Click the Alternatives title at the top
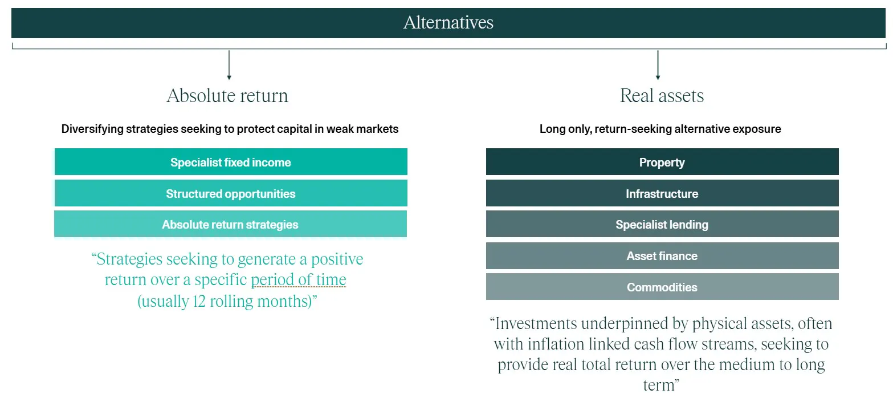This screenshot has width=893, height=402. tap(448, 22)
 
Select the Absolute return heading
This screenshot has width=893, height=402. tap(227, 96)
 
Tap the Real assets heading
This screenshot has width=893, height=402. tap(662, 96)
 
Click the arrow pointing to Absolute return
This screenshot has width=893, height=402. tap(229, 65)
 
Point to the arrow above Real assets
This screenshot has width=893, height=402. tap(658, 65)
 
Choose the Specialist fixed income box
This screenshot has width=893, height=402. tap(231, 161)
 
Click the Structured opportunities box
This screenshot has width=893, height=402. tap(231, 193)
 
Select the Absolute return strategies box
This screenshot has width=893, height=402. tap(230, 224)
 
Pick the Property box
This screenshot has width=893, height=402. tap(662, 161)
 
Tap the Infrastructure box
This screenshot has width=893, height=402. tap(662, 193)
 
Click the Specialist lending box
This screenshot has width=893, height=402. tap(662, 224)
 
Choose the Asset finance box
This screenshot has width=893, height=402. tap(662, 255)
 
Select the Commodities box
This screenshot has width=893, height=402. tap(662, 286)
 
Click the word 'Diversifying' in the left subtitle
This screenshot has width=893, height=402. tap(92, 129)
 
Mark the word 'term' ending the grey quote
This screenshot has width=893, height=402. tap(659, 385)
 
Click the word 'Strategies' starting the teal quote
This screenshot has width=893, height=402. tap(129, 259)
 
